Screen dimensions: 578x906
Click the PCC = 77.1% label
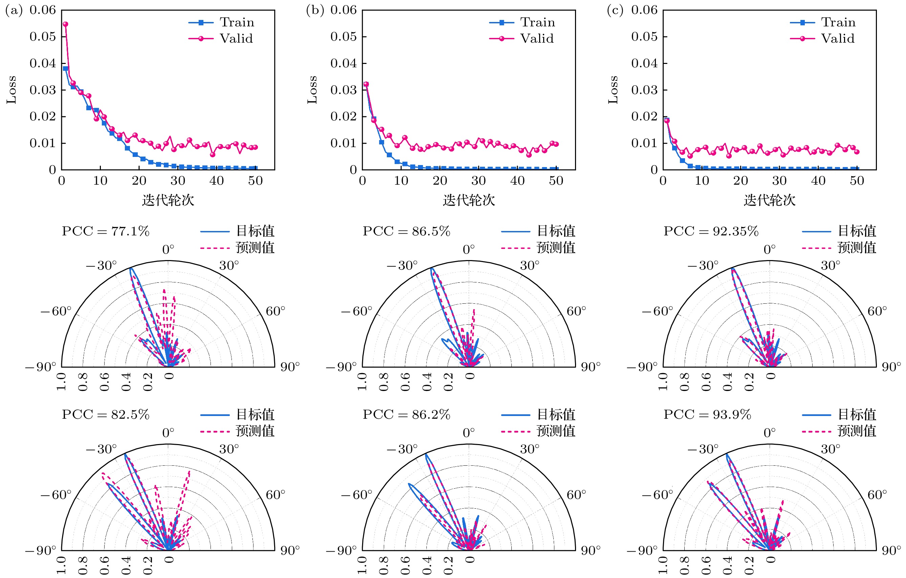click(x=105, y=231)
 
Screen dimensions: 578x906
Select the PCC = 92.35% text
click(x=711, y=231)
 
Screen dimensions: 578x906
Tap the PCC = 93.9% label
click(x=707, y=414)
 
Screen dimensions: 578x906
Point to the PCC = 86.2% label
click(x=406, y=414)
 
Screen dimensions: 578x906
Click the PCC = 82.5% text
click(x=105, y=414)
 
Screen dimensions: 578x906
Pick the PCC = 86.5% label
click(x=406, y=231)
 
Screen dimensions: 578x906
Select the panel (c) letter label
click(x=615, y=10)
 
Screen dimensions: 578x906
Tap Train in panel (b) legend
click(x=537, y=23)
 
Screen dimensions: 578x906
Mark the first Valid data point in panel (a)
click(x=65, y=24)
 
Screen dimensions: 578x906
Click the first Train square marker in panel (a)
click(x=65, y=68)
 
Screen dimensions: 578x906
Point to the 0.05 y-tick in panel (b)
click(x=343, y=37)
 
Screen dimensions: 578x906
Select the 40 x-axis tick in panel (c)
click(x=818, y=181)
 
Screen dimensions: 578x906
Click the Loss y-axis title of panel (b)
click(x=312, y=90)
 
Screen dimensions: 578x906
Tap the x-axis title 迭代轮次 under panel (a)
click(x=168, y=200)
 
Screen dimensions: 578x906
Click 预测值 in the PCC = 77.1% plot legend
click(x=255, y=248)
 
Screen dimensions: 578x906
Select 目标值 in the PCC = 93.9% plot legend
click(x=857, y=414)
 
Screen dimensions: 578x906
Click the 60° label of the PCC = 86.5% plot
click(x=576, y=311)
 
